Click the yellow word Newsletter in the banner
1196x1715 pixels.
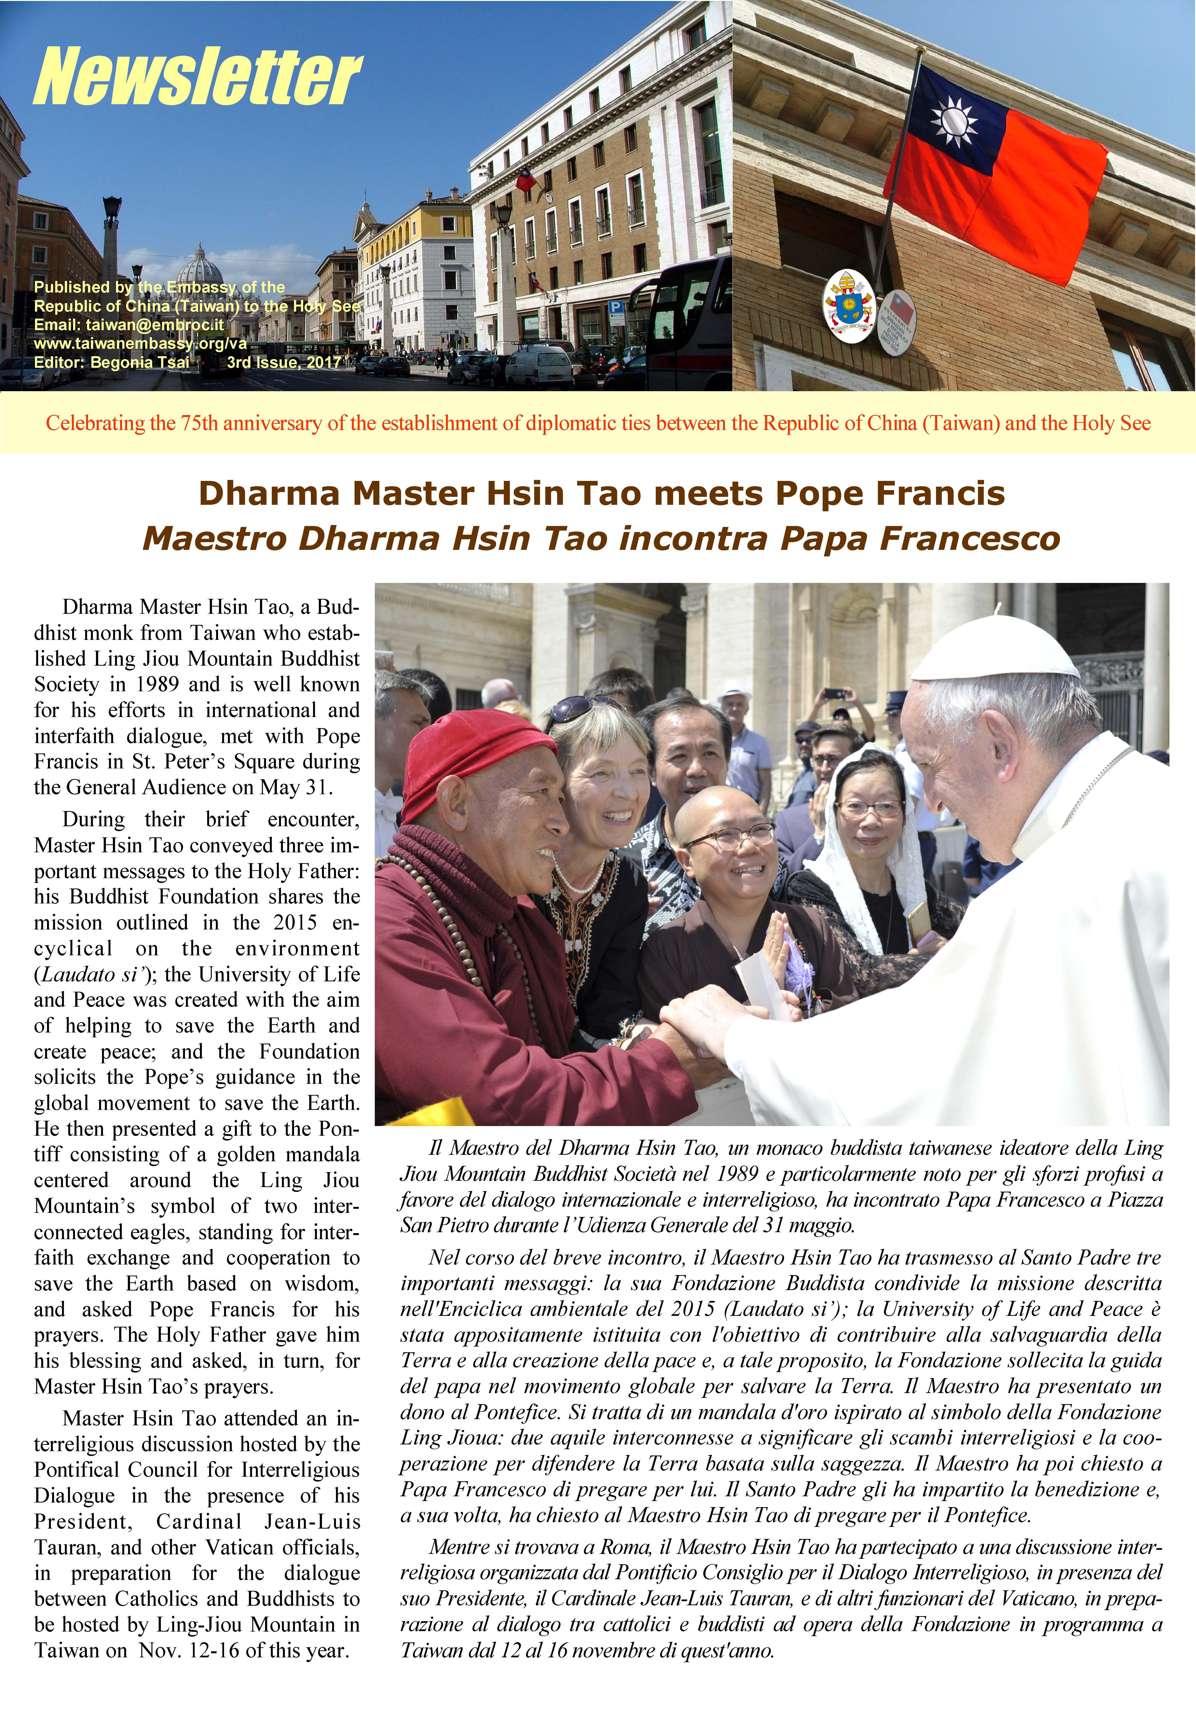198,77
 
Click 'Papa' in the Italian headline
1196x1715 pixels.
824,539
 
